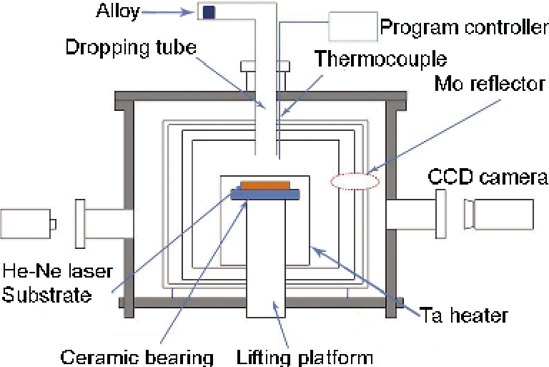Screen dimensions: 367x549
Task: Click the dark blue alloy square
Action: pyautogui.click(x=209, y=11)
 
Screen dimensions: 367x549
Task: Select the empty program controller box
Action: pyautogui.click(x=352, y=28)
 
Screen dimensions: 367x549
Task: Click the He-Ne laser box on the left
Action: pyautogui.click(x=27, y=224)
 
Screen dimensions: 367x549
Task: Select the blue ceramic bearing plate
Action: pyautogui.click(x=265, y=193)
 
